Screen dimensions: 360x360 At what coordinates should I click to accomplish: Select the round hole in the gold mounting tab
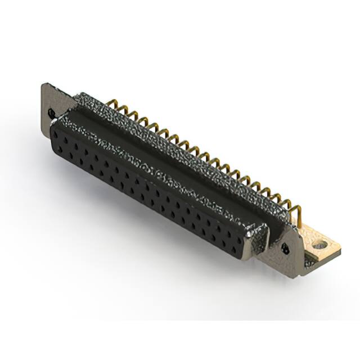[319, 245]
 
